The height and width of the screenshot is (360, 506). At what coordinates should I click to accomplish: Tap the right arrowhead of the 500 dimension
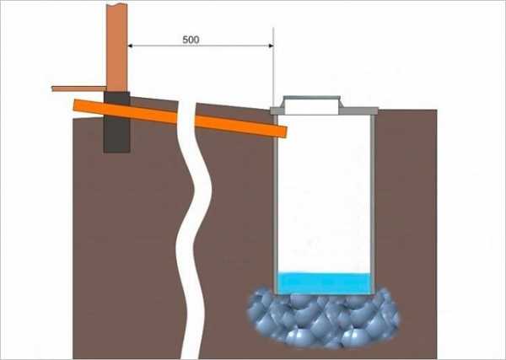pyautogui.click(x=269, y=48)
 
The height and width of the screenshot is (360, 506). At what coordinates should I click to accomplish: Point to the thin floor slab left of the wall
pyautogui.click(x=78, y=88)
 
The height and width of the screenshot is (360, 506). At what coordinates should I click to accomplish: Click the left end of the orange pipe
pyautogui.click(x=76, y=105)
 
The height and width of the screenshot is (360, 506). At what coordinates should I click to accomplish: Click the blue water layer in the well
pyautogui.click(x=325, y=283)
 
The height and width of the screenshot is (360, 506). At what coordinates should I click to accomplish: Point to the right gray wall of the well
pyautogui.click(x=373, y=202)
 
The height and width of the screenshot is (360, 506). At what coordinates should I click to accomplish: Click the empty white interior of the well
pyautogui.click(x=325, y=194)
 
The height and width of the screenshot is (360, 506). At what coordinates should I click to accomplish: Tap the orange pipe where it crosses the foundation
pyautogui.click(x=116, y=110)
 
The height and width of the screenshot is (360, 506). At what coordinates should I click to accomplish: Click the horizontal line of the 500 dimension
pyautogui.click(x=202, y=48)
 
